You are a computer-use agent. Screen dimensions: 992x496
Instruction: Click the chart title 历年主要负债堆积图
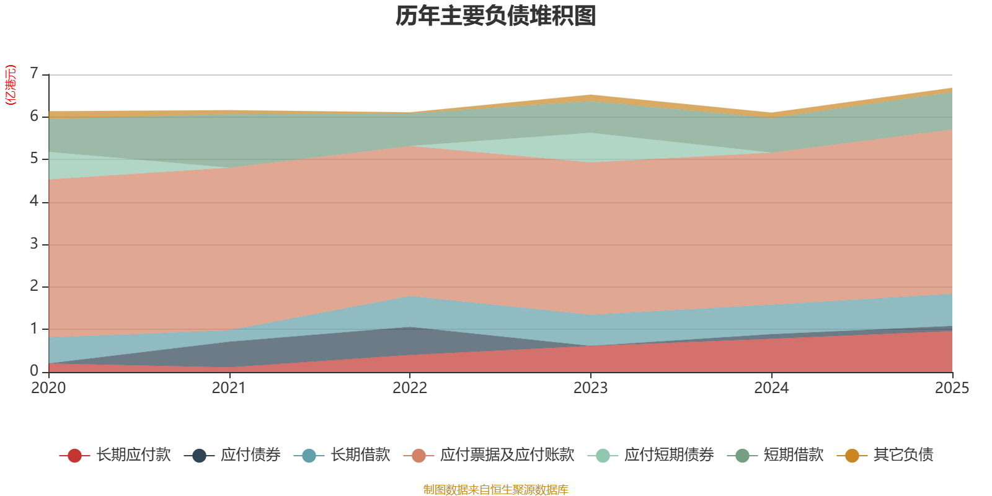(495, 16)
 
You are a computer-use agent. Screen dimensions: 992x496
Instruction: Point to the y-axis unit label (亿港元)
(10, 85)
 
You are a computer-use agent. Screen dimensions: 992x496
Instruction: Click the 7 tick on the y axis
(34, 74)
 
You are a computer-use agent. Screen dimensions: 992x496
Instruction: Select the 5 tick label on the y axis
(34, 159)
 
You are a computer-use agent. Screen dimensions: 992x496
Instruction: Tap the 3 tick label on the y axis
(34, 244)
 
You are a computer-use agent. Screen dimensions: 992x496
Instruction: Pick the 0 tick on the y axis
(34, 371)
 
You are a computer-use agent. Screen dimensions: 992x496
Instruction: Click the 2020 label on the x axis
(48, 388)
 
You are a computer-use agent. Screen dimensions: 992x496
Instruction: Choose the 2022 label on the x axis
(410, 388)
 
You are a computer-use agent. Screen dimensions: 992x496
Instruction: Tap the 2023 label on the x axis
(590, 388)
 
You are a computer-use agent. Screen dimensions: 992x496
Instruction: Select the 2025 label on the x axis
(952, 388)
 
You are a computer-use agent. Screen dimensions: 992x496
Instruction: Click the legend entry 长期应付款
(115, 455)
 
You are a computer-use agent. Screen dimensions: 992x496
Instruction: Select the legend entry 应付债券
(232, 455)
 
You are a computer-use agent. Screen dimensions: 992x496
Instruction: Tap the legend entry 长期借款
(342, 455)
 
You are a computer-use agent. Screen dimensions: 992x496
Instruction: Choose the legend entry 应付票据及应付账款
(489, 455)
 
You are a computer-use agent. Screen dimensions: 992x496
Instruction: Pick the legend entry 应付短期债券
(650, 455)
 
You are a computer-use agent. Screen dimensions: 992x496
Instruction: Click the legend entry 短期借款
(775, 455)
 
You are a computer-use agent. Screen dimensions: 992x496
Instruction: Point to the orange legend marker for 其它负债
(852, 455)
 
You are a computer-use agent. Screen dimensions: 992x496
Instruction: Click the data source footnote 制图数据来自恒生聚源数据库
(495, 489)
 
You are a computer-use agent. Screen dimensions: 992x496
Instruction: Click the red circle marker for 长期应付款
(74, 455)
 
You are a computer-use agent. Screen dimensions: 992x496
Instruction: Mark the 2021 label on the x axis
(229, 388)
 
